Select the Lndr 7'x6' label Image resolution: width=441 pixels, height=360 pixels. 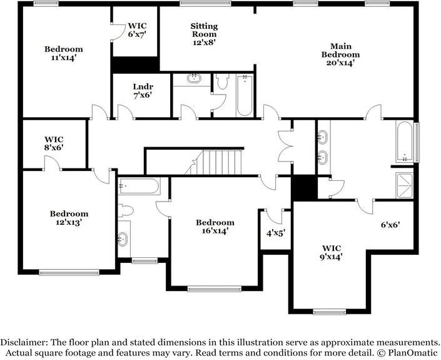(143, 91)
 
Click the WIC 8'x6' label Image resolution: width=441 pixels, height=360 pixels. (54, 143)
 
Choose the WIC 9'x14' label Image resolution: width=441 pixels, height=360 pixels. (332, 250)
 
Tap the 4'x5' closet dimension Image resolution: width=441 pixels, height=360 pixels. (276, 233)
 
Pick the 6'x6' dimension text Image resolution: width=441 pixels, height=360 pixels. (390, 224)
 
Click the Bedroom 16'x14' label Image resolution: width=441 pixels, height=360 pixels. (215, 226)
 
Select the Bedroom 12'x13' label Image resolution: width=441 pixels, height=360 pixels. (69, 218)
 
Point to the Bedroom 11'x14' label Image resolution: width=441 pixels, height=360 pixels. (63, 53)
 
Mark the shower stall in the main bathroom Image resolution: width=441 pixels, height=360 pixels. (404, 182)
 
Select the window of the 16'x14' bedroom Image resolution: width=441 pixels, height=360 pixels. (214, 289)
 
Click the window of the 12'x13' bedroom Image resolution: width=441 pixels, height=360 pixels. (69, 272)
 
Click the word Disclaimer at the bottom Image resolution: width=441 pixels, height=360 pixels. (24, 342)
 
